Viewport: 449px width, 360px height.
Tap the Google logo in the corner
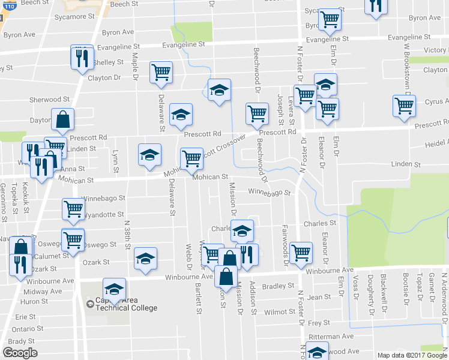pyautogui.click(x=20, y=353)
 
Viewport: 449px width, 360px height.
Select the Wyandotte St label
pyautogui.click(x=103, y=214)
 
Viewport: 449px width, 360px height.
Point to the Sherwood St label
pyautogui.click(x=50, y=99)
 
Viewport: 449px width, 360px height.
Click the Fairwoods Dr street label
pyautogui.click(x=284, y=246)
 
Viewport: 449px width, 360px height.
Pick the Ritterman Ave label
pyautogui.click(x=331, y=337)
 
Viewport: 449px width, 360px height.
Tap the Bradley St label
pyautogui.click(x=277, y=286)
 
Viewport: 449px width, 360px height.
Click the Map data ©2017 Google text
pyautogui.click(x=411, y=355)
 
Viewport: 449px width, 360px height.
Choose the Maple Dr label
pyautogui.click(x=136, y=67)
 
